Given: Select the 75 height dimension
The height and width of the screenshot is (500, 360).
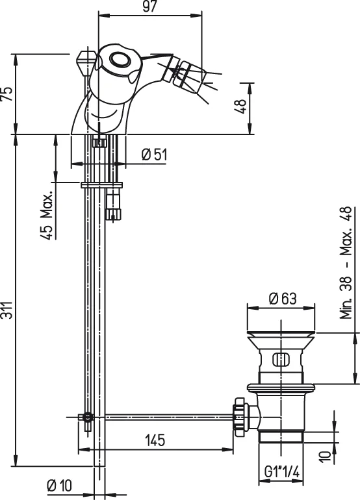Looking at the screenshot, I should (x=6, y=94).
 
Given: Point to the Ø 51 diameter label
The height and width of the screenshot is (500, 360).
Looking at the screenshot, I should (x=154, y=154).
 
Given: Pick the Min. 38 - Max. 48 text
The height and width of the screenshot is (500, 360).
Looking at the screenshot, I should (x=346, y=262).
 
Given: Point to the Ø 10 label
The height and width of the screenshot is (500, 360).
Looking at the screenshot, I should (x=59, y=485).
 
